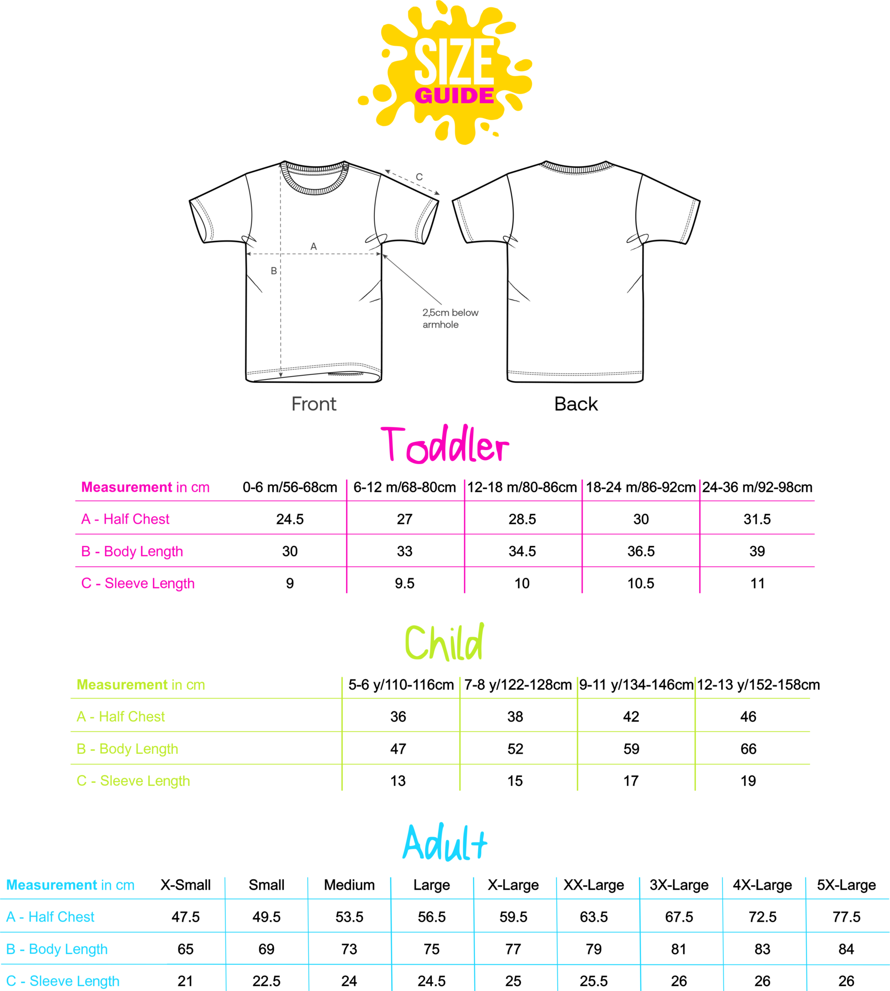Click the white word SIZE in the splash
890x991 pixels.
(x=454, y=61)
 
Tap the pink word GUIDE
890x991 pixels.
(x=454, y=95)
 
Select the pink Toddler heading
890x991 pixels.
(x=445, y=445)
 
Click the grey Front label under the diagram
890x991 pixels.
(x=314, y=404)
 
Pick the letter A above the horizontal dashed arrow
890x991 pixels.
(x=313, y=246)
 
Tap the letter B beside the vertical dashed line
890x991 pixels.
(x=274, y=270)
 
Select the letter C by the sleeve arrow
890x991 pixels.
(x=419, y=177)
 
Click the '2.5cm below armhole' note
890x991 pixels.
(x=450, y=318)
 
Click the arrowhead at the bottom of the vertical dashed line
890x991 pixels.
(x=281, y=375)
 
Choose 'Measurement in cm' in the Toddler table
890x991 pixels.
(x=145, y=487)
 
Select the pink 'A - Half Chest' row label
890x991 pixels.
(x=125, y=519)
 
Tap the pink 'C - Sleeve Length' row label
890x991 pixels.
(x=137, y=584)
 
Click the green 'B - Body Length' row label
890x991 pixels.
(x=127, y=749)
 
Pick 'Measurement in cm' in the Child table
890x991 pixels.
(x=141, y=685)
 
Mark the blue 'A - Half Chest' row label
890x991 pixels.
(x=50, y=916)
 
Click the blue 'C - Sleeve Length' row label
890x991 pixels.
(x=62, y=981)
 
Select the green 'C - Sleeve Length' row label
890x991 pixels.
(x=133, y=781)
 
